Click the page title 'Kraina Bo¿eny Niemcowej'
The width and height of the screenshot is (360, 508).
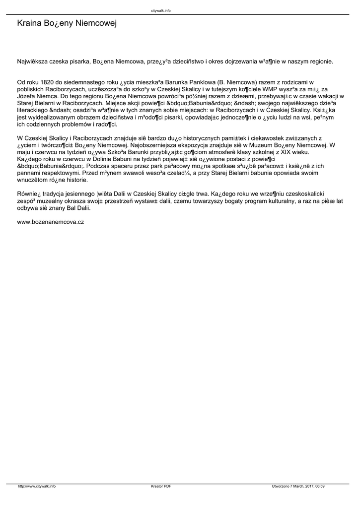(67, 23)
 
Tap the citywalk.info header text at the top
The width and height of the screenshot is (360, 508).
(161, 10)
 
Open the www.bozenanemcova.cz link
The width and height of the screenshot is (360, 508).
(51, 222)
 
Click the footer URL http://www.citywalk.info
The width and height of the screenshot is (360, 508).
(37, 487)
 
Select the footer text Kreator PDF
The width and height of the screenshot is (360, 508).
(161, 487)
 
